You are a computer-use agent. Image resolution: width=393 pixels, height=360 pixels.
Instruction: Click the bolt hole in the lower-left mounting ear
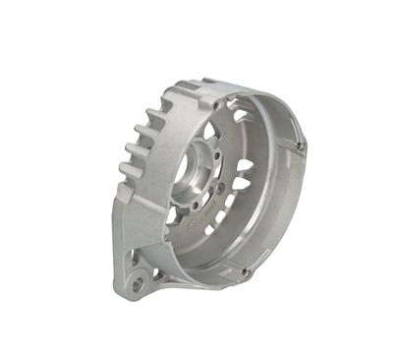137,284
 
